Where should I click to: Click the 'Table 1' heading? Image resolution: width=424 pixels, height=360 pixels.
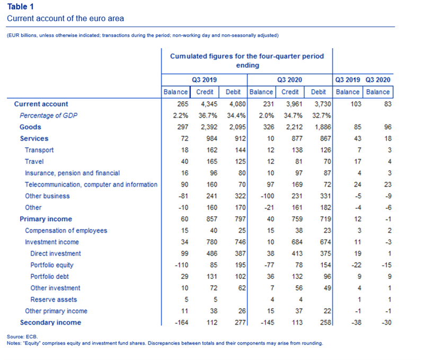(20, 6)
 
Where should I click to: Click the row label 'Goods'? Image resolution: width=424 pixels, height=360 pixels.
(30, 127)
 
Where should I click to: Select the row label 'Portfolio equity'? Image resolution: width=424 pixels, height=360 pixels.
(52, 265)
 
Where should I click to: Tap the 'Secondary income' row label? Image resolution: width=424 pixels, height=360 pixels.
(50, 322)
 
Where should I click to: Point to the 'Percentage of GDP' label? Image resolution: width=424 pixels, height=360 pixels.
(48, 116)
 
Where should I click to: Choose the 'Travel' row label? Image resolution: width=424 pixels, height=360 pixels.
(34, 162)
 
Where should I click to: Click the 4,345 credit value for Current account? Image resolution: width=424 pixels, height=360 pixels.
(209, 104)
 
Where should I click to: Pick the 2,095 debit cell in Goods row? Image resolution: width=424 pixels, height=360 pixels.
(237, 127)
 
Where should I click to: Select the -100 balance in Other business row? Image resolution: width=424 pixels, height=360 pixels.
(267, 196)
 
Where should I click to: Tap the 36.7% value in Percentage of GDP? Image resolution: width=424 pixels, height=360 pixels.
(208, 116)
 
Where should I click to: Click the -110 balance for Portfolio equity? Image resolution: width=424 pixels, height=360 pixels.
(181, 265)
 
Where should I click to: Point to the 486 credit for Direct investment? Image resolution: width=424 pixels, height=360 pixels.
(211, 253)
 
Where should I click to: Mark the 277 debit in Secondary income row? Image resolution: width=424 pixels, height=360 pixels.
(240, 322)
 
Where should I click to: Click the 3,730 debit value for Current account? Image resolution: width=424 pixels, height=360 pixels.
(323, 104)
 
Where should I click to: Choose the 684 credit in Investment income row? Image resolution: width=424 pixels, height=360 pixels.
(297, 242)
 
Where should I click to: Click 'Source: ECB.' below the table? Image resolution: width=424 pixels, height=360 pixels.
(22, 337)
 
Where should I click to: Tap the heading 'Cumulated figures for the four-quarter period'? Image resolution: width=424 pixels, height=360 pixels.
(247, 56)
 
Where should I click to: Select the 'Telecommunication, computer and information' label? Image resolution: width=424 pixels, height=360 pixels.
(91, 185)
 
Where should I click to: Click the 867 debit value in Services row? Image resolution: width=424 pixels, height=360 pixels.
(325, 138)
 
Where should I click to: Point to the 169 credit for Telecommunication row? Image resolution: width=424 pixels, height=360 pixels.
(297, 185)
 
